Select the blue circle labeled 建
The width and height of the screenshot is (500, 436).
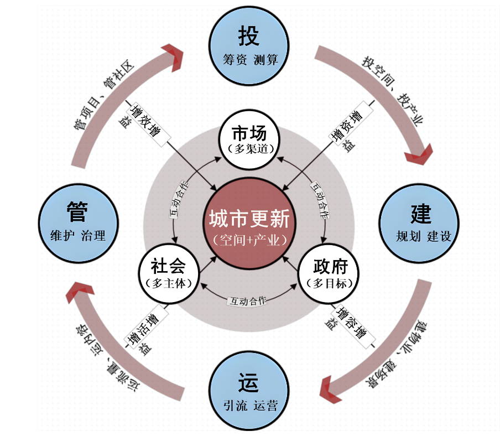(x=419, y=224)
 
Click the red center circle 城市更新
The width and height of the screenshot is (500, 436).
(x=249, y=224)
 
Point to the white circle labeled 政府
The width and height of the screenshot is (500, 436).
(x=329, y=273)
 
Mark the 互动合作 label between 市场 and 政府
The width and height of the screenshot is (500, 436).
(x=320, y=200)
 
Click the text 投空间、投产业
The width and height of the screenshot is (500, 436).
(x=393, y=91)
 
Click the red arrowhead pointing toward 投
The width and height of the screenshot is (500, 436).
(x=173, y=58)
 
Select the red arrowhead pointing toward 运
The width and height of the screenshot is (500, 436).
(x=331, y=389)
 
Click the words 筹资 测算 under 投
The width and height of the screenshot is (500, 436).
(x=251, y=60)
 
